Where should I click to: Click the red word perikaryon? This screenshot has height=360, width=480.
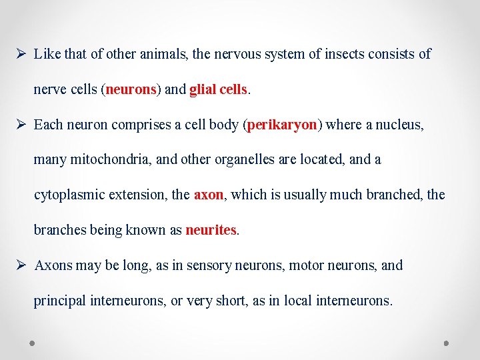coord(281,125)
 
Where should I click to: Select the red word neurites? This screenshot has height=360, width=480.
coord(211,230)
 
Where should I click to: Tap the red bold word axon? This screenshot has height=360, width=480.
coord(209,195)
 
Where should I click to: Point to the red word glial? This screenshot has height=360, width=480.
coord(203,89)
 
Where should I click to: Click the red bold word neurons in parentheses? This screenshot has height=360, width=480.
coord(131,89)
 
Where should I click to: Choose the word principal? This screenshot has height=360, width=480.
coord(59,301)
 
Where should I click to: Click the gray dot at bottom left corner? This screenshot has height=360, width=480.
coord(32,343)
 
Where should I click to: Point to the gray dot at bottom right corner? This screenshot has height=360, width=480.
coord(446,343)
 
